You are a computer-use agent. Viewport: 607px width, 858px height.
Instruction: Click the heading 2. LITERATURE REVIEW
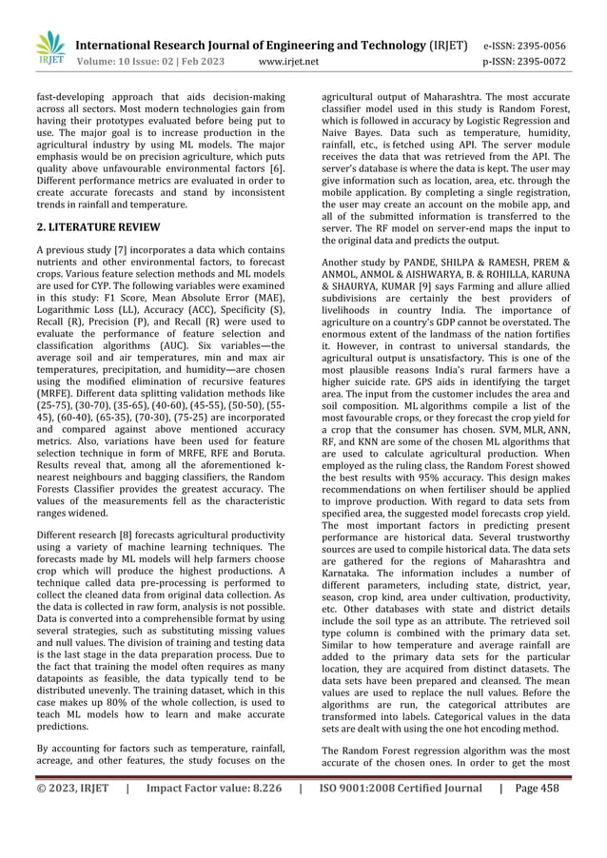(99, 227)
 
